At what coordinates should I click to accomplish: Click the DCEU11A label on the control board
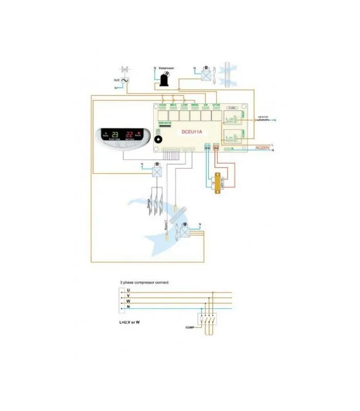tap(192, 132)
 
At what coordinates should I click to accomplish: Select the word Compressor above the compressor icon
tap(166, 68)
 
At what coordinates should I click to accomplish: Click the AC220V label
tap(263, 147)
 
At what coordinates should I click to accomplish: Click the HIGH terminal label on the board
tap(163, 105)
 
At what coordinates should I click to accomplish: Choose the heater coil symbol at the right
tap(263, 120)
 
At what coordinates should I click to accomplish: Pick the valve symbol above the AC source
tap(124, 69)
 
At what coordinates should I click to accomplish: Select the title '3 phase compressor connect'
tap(144, 283)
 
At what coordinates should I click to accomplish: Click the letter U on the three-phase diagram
tap(128, 290)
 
